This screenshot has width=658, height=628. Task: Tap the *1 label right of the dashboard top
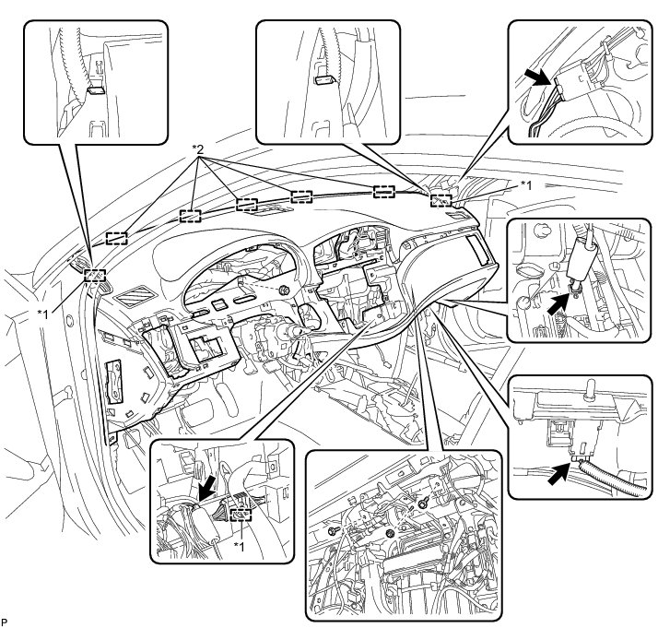click(525, 185)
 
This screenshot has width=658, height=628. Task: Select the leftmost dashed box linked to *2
click(116, 237)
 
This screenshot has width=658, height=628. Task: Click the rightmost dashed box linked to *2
click(385, 191)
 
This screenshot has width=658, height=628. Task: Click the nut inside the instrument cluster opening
click(283, 291)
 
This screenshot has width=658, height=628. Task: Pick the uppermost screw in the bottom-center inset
click(421, 502)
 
